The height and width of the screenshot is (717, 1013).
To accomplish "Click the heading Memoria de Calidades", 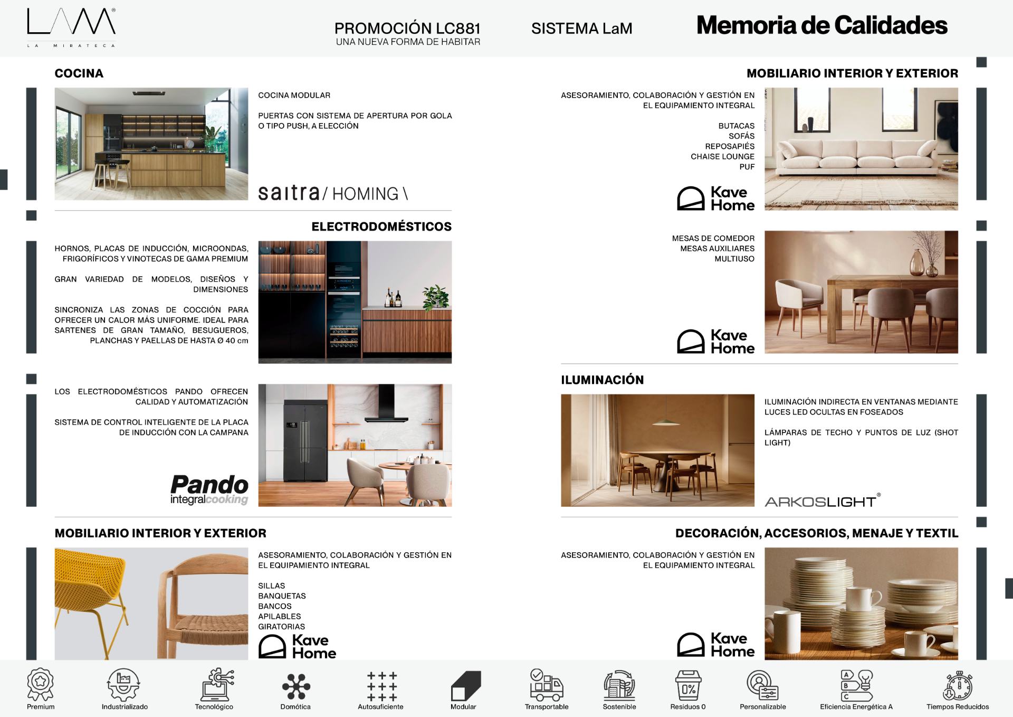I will (821, 25).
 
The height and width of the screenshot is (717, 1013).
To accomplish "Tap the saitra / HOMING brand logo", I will (333, 193).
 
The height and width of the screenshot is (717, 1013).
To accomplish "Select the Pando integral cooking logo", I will (209, 489).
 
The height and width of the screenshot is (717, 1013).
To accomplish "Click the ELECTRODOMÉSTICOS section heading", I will (381, 227).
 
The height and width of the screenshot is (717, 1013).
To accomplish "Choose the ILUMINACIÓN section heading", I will (602, 380).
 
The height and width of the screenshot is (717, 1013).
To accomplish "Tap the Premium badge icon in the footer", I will (41, 685).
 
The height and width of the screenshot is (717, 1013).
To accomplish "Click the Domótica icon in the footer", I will (296, 686).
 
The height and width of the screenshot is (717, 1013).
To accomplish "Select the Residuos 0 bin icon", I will (688, 685).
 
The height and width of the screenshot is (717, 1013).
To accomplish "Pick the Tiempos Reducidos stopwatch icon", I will (957, 686).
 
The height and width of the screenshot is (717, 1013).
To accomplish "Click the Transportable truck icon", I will (546, 685).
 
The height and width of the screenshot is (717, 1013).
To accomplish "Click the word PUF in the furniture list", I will (747, 167).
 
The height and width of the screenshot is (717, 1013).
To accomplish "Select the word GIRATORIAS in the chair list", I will (281, 627).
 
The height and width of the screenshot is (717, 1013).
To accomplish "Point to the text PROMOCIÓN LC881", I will (407, 28).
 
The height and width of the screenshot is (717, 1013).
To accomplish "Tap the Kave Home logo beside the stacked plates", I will (715, 645).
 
